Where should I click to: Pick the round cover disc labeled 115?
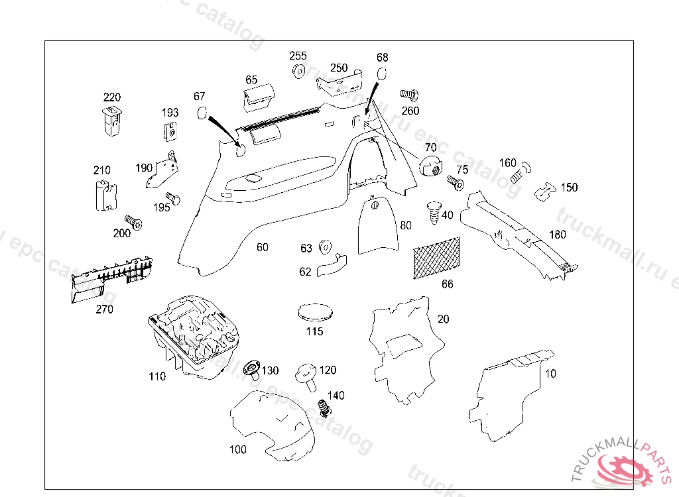point(314,311)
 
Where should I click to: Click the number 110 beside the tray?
point(157,376)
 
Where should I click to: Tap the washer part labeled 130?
point(252,368)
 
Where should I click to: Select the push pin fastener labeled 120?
point(309,375)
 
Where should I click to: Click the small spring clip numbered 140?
point(324,407)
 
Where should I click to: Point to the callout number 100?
point(237,450)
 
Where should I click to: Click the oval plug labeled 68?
point(382,73)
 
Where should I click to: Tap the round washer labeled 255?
point(298,71)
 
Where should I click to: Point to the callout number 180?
point(557,235)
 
